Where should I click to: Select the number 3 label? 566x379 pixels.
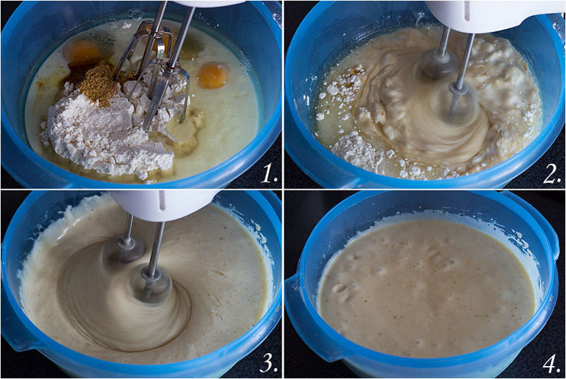tap(269, 363)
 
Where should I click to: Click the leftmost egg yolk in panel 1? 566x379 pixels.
tap(82, 53)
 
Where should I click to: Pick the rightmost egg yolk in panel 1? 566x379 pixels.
tap(212, 76)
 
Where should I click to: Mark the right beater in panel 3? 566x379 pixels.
tap(151, 275)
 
